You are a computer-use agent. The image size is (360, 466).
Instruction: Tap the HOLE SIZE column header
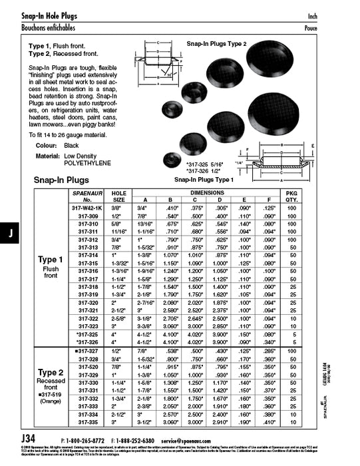click(x=119, y=196)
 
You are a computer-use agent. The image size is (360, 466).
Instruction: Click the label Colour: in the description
click(x=46, y=145)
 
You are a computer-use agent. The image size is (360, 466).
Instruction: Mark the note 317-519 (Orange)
click(x=51, y=396)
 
